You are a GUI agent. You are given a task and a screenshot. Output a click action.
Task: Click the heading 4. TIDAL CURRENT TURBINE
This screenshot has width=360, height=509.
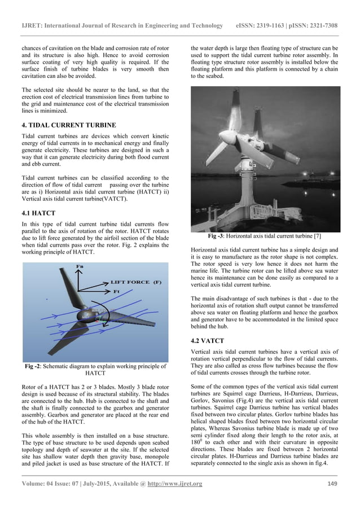point(68,124)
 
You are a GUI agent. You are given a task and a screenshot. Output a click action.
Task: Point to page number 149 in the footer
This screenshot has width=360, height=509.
point(332,484)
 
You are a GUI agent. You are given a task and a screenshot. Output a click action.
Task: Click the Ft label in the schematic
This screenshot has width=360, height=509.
point(118,291)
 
